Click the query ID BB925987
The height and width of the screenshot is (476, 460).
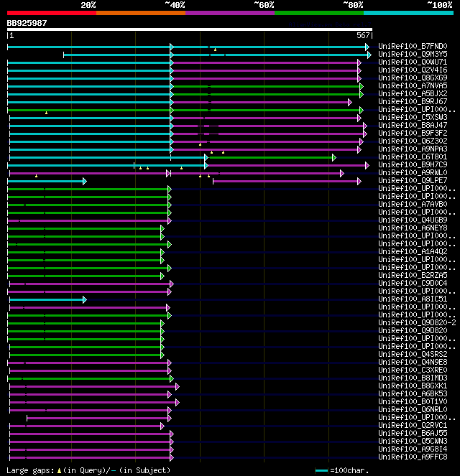[x=27, y=23]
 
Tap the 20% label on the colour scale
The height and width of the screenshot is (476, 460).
[x=88, y=5]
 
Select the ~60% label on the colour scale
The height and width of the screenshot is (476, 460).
[x=264, y=5]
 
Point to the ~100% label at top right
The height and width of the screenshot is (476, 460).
[x=440, y=5]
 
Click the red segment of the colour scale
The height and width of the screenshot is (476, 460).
[x=51, y=12]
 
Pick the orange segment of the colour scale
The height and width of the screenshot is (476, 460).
[x=140, y=12]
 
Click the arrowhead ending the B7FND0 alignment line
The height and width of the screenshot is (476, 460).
[x=369, y=47]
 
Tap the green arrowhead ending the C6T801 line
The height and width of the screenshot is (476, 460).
[x=333, y=157]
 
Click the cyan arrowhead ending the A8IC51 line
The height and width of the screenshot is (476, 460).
[x=84, y=299]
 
